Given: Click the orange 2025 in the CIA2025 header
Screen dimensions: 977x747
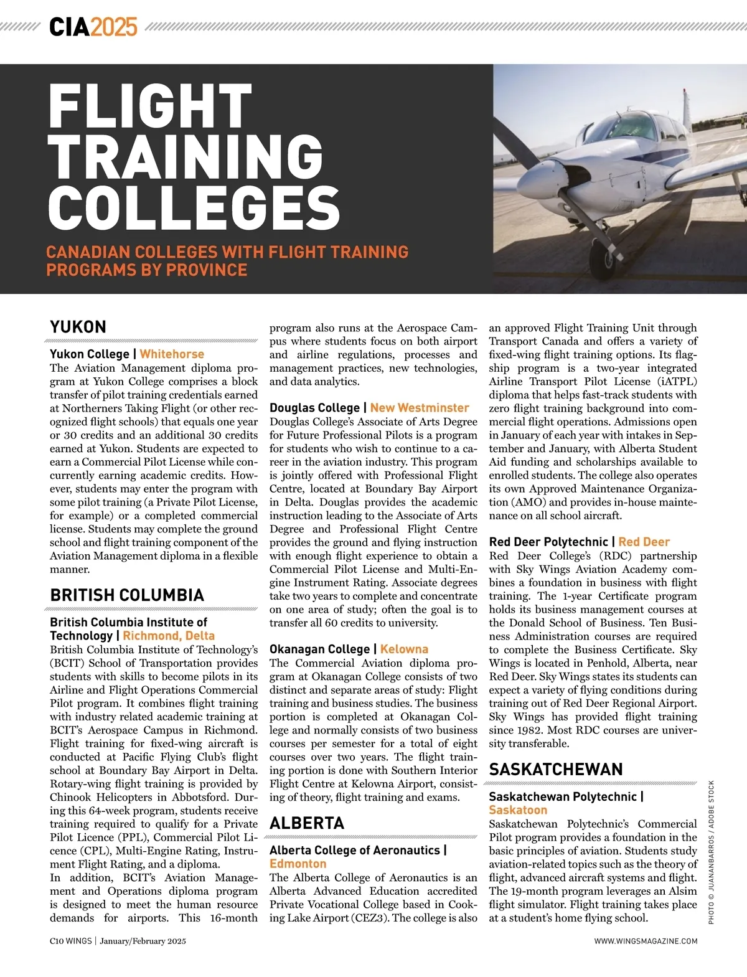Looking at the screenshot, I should (x=114, y=27).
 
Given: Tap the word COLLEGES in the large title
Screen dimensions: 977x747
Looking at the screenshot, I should (x=194, y=207).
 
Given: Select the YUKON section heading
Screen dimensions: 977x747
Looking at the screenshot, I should (x=78, y=327).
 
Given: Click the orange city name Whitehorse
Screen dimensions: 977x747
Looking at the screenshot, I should (x=172, y=354).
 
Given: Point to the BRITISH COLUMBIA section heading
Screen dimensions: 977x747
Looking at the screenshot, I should (x=127, y=595).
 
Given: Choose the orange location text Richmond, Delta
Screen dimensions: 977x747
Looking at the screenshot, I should (x=169, y=636).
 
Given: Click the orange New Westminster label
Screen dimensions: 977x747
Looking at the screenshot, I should (x=420, y=408).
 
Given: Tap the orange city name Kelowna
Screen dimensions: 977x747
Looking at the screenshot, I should (x=404, y=649).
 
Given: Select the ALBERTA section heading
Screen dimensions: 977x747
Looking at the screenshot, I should (x=307, y=823).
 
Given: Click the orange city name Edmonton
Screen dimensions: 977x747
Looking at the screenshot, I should (x=298, y=864).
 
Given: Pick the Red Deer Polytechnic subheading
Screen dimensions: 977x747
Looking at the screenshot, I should (x=548, y=542).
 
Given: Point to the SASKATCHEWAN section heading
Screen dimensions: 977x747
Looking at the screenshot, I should (x=556, y=770).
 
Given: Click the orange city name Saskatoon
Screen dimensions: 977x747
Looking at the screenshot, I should (x=518, y=810).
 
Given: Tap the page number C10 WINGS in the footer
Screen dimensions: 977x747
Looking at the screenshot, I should (x=71, y=941).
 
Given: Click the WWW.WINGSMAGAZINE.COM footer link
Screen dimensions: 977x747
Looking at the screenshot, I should (x=646, y=941).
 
